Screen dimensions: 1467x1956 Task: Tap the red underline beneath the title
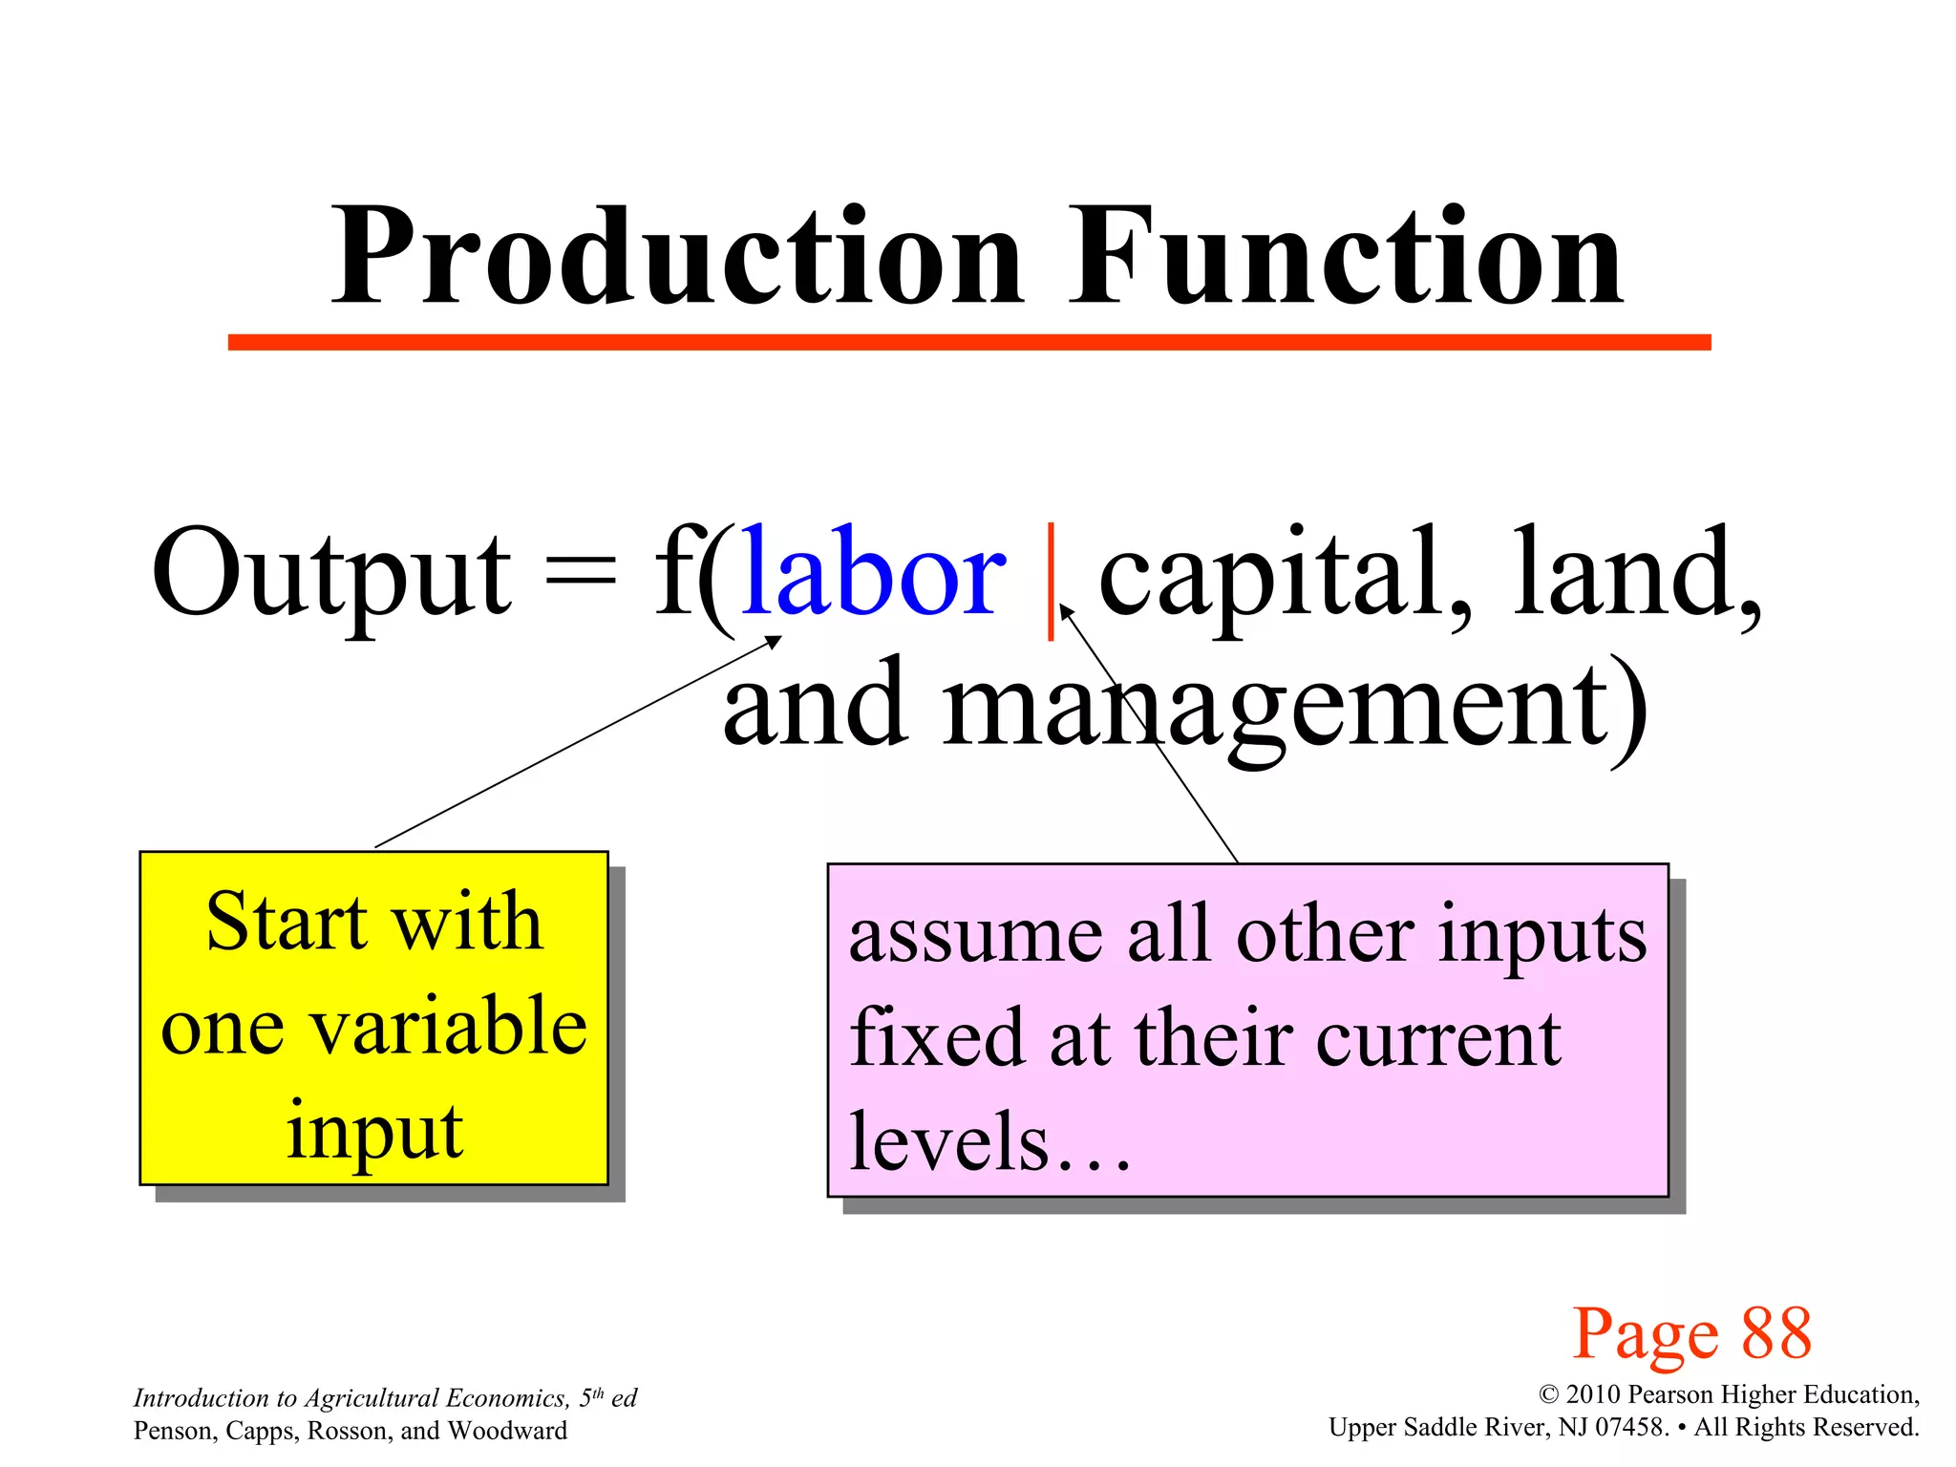(968, 342)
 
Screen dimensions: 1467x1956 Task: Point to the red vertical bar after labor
(1051, 580)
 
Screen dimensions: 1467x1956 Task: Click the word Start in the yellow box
(287, 922)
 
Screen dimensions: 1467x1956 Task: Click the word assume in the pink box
(975, 936)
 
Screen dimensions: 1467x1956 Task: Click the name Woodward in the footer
(507, 1431)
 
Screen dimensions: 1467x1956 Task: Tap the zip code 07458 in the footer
(1632, 1428)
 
